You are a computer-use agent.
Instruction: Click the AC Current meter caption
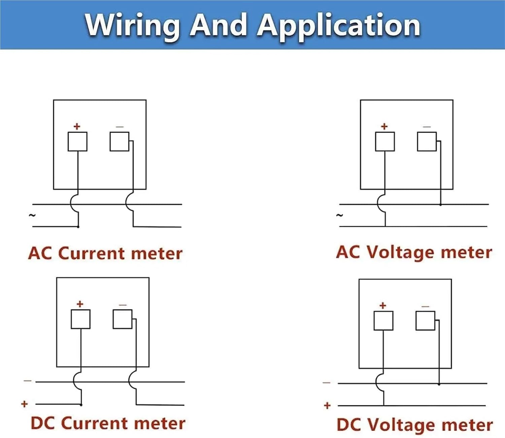pos(105,253)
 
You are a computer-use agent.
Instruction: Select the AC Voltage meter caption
pos(414,253)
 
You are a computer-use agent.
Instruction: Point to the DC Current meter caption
pos(108,423)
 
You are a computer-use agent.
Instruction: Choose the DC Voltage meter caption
pos(415,425)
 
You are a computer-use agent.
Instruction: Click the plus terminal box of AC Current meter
pos(77,141)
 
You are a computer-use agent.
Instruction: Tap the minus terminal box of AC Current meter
pos(120,141)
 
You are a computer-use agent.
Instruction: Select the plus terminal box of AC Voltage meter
pos(385,141)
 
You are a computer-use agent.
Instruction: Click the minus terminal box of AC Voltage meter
pos(427,141)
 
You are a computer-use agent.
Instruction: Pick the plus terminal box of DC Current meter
pos(80,319)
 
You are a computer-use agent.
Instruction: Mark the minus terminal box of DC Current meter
pos(123,319)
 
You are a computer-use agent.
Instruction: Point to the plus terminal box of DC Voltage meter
pos(383,321)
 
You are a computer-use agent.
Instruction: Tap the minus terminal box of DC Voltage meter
pos(425,321)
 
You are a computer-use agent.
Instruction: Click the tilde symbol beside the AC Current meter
pos(32,215)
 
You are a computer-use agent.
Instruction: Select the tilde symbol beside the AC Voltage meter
pos(339,215)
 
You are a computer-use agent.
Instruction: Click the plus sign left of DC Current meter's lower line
pos(25,404)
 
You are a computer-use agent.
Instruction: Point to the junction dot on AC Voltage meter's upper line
pos(441,205)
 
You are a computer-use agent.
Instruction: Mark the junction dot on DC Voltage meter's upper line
pos(439,384)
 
